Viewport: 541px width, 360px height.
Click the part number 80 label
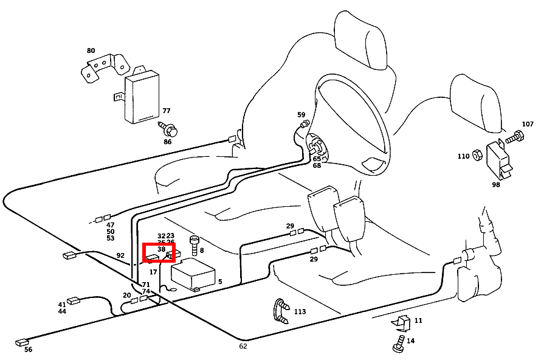(x=91, y=51)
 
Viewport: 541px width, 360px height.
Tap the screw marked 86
(x=170, y=130)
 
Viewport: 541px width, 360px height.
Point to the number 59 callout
(x=301, y=115)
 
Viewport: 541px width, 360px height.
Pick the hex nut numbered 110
(x=478, y=156)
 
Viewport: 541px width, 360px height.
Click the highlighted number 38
(x=161, y=249)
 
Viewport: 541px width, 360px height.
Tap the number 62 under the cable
(x=243, y=346)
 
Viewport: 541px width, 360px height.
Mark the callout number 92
(x=120, y=255)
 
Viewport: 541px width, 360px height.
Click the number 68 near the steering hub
(x=317, y=165)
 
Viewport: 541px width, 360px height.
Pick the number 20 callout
(x=126, y=296)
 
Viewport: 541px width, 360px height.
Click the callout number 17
(x=153, y=272)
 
